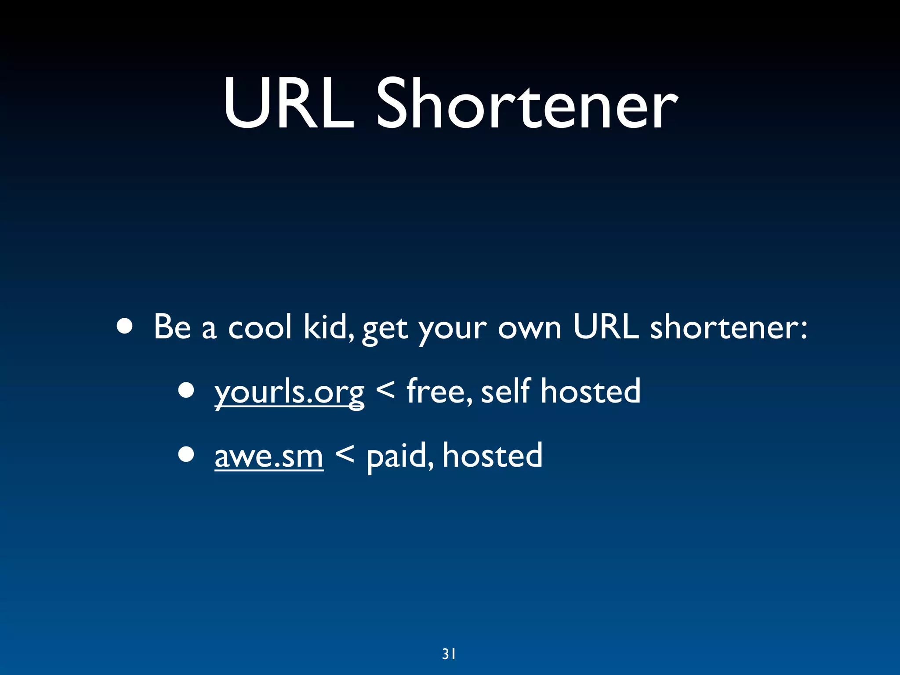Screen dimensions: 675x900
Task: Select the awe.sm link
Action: [269, 456]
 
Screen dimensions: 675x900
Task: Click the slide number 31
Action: [449, 654]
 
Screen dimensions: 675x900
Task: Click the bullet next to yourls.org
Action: [186, 391]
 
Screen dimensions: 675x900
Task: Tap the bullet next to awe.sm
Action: [186, 455]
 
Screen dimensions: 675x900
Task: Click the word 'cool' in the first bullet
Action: [260, 327]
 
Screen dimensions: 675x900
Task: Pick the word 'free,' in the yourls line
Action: [439, 391]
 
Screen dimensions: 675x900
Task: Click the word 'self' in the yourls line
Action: [506, 391]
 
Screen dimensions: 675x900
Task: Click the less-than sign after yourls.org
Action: [385, 389]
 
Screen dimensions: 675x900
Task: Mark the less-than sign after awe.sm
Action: [345, 454]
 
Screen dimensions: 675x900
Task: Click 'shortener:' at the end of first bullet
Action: [728, 327]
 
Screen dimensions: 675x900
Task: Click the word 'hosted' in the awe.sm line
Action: [492, 456]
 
